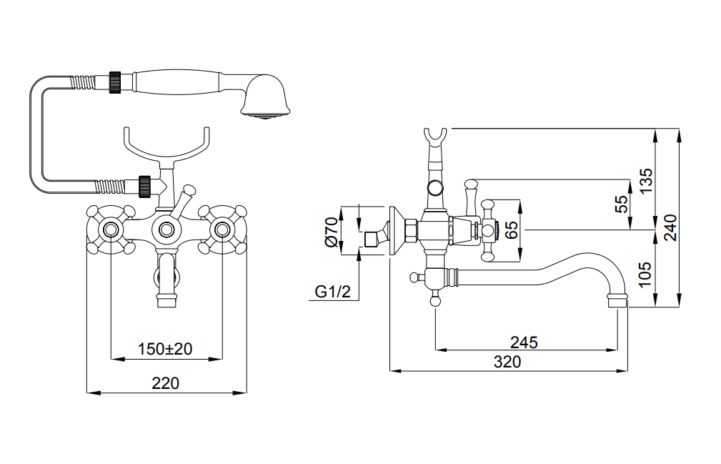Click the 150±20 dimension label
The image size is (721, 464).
click(x=166, y=349)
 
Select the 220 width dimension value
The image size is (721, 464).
click(x=166, y=383)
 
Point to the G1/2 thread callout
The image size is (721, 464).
click(x=333, y=292)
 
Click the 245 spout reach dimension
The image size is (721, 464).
click(x=524, y=342)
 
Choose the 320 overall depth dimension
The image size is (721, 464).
click(x=508, y=362)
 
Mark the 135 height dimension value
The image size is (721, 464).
click(x=645, y=182)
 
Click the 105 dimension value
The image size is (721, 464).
click(x=645, y=275)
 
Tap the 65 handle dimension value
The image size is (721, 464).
click(x=511, y=230)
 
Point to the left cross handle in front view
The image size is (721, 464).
click(x=111, y=230)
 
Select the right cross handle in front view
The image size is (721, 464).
click(x=222, y=230)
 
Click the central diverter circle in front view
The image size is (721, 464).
click(x=166, y=230)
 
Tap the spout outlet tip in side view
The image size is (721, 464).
click(x=617, y=300)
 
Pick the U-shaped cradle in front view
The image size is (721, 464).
click(x=166, y=147)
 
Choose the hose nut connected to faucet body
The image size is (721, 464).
click(x=144, y=187)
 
